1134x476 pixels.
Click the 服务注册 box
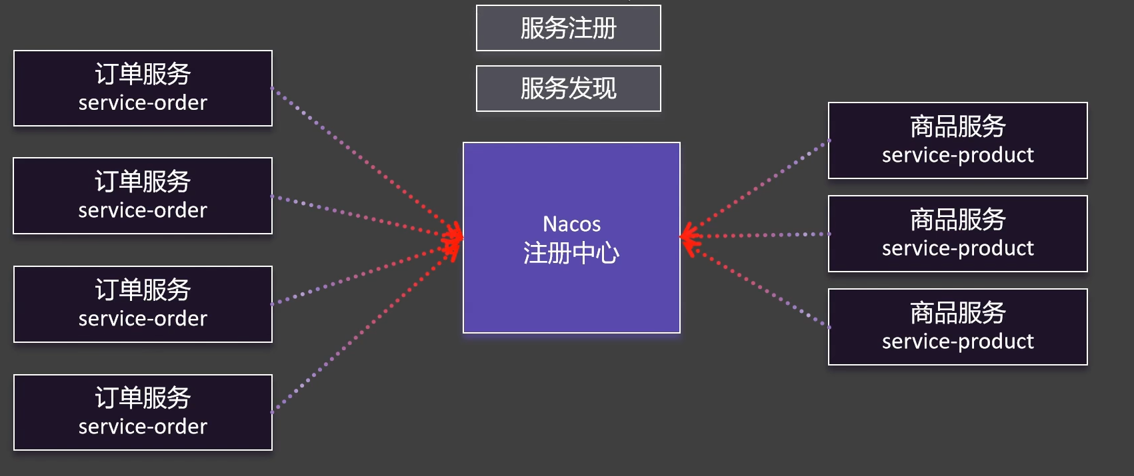pos(568,28)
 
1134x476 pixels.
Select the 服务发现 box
pos(568,89)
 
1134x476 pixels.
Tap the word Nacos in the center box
pos(571,224)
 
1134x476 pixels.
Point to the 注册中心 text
pos(571,253)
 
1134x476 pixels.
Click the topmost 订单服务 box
pos(143,88)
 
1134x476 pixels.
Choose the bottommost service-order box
pos(143,412)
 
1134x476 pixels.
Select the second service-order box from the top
pos(143,196)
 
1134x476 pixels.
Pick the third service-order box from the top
pos(143,304)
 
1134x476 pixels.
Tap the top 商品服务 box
pos(957,140)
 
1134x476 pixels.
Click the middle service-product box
pos(957,234)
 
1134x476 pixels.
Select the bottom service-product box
pos(957,327)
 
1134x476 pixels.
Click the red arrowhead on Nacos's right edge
pos(688,237)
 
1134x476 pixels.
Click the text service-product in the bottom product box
pos(957,342)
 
